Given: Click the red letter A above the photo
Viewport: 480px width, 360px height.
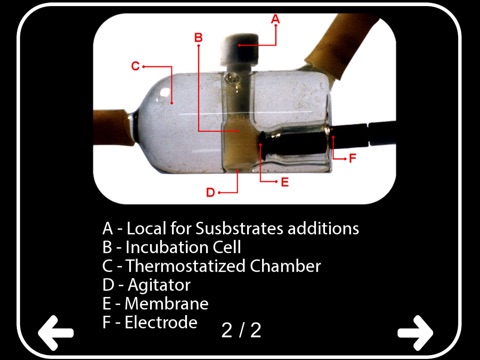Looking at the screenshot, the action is click(275, 19).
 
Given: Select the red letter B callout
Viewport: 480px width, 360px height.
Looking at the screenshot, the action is click(198, 37).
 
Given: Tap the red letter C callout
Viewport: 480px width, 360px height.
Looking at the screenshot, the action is click(135, 66).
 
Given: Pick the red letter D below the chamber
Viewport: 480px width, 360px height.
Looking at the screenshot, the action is click(210, 192).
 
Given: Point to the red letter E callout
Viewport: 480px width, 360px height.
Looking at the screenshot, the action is click(284, 182).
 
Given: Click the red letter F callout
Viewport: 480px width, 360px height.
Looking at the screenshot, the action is click(352, 158).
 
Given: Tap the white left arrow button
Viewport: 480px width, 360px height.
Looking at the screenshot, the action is click(56, 333).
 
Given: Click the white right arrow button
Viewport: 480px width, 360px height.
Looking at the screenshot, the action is click(415, 333).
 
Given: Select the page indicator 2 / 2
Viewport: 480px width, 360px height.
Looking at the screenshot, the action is click(241, 330).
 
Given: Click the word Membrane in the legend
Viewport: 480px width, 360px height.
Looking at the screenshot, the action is click(167, 304).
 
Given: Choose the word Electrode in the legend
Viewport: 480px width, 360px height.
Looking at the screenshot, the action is click(161, 322).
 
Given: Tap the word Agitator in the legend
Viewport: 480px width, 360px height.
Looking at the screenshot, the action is click(159, 285).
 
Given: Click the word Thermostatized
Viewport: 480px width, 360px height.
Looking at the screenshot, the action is click(186, 266).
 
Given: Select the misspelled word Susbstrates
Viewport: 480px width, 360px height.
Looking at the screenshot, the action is click(239, 229).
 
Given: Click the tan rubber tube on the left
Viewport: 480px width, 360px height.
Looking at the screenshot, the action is click(112, 128).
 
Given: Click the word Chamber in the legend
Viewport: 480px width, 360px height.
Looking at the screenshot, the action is click(285, 266).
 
